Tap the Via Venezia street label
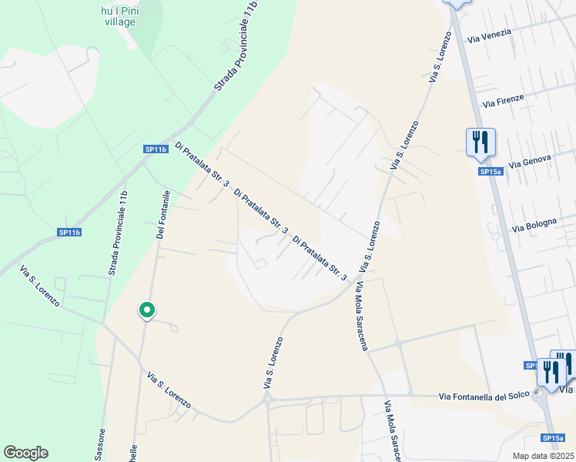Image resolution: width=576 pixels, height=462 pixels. (505, 37)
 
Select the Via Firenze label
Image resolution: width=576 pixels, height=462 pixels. (503, 99)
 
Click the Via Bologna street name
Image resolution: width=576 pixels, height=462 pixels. (534, 225)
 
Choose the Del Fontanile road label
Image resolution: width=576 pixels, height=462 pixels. (163, 214)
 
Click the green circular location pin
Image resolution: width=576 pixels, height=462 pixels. (146, 310)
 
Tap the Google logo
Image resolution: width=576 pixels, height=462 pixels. (25, 453)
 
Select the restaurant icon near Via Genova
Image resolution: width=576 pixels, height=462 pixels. (480, 142)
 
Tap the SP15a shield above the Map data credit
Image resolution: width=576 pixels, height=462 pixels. (551, 438)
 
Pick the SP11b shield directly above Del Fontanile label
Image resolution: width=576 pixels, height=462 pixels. (156, 149)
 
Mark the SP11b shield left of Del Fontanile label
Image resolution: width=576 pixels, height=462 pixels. (69, 232)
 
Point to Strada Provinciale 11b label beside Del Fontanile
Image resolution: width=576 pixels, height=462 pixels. (118, 233)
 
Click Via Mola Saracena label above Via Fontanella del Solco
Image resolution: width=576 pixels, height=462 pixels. (360, 316)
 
